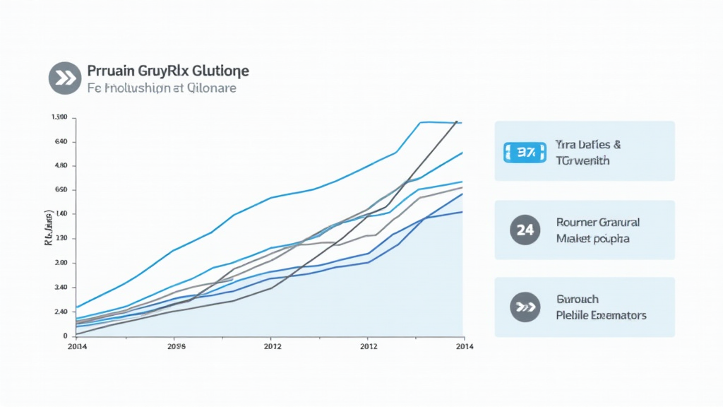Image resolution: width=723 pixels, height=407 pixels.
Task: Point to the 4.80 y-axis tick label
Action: pyautogui.click(x=60, y=165)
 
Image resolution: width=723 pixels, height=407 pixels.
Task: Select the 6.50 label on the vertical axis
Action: pyautogui.click(x=60, y=190)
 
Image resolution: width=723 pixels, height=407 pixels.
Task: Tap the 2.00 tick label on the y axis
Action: pyautogui.click(x=60, y=263)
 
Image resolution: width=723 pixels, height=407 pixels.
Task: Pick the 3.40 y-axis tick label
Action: pyautogui.click(x=60, y=288)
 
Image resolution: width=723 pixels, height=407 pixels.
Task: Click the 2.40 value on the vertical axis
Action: pyautogui.click(x=60, y=312)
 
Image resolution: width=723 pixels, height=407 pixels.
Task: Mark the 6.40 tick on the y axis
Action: pyautogui.click(x=60, y=141)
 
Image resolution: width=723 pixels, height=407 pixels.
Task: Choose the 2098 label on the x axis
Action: pyautogui.click(x=176, y=347)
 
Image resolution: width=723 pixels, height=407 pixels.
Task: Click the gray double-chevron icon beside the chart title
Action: pyautogui.click(x=65, y=78)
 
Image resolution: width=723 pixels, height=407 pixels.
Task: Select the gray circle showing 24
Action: pyautogui.click(x=525, y=230)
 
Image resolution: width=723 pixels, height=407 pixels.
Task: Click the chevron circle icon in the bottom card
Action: pyautogui.click(x=525, y=307)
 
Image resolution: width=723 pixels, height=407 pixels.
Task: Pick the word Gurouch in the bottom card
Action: pyautogui.click(x=578, y=299)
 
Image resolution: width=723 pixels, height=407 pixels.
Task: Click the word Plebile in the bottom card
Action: pyautogui.click(x=573, y=315)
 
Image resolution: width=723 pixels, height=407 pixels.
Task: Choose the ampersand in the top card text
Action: pyautogui.click(x=617, y=144)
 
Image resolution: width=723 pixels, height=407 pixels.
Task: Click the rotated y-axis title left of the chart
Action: pyautogui.click(x=48, y=227)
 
